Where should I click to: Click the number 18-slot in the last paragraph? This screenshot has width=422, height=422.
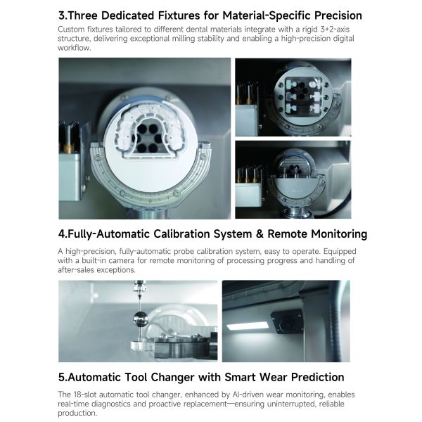point(88,394)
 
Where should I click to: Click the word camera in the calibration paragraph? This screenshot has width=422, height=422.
point(124,261)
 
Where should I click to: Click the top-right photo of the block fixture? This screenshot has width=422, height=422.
point(293,97)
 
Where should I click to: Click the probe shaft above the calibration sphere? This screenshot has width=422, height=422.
point(139,295)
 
